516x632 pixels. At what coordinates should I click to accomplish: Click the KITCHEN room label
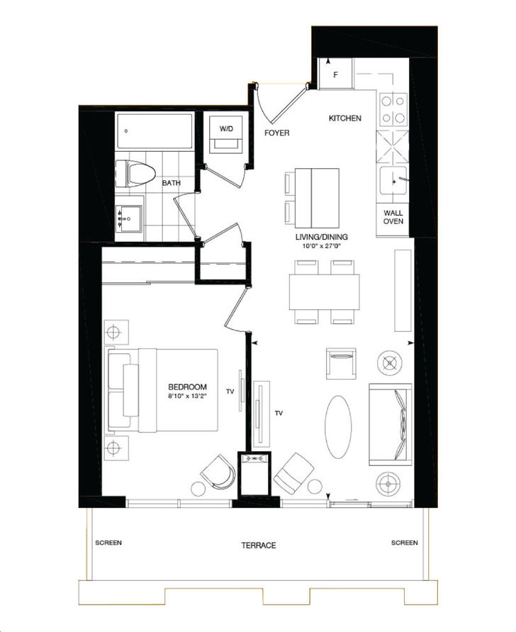click(x=344, y=118)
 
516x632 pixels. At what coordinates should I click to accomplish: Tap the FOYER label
click(x=277, y=133)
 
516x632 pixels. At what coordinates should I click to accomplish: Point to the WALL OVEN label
click(x=393, y=217)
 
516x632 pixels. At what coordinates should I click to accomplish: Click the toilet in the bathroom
click(x=135, y=172)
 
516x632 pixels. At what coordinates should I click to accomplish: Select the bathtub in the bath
click(x=154, y=131)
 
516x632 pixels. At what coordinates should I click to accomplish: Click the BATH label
click(x=171, y=183)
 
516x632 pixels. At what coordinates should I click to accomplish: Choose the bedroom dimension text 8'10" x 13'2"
click(x=187, y=396)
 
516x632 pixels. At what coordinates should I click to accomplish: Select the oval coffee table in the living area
click(x=337, y=426)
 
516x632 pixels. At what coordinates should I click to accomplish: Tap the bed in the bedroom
click(x=163, y=389)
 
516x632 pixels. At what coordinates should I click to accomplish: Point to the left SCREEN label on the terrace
click(x=108, y=543)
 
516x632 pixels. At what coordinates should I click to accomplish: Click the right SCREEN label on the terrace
click(x=404, y=543)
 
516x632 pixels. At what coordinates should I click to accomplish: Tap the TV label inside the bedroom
click(x=230, y=391)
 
